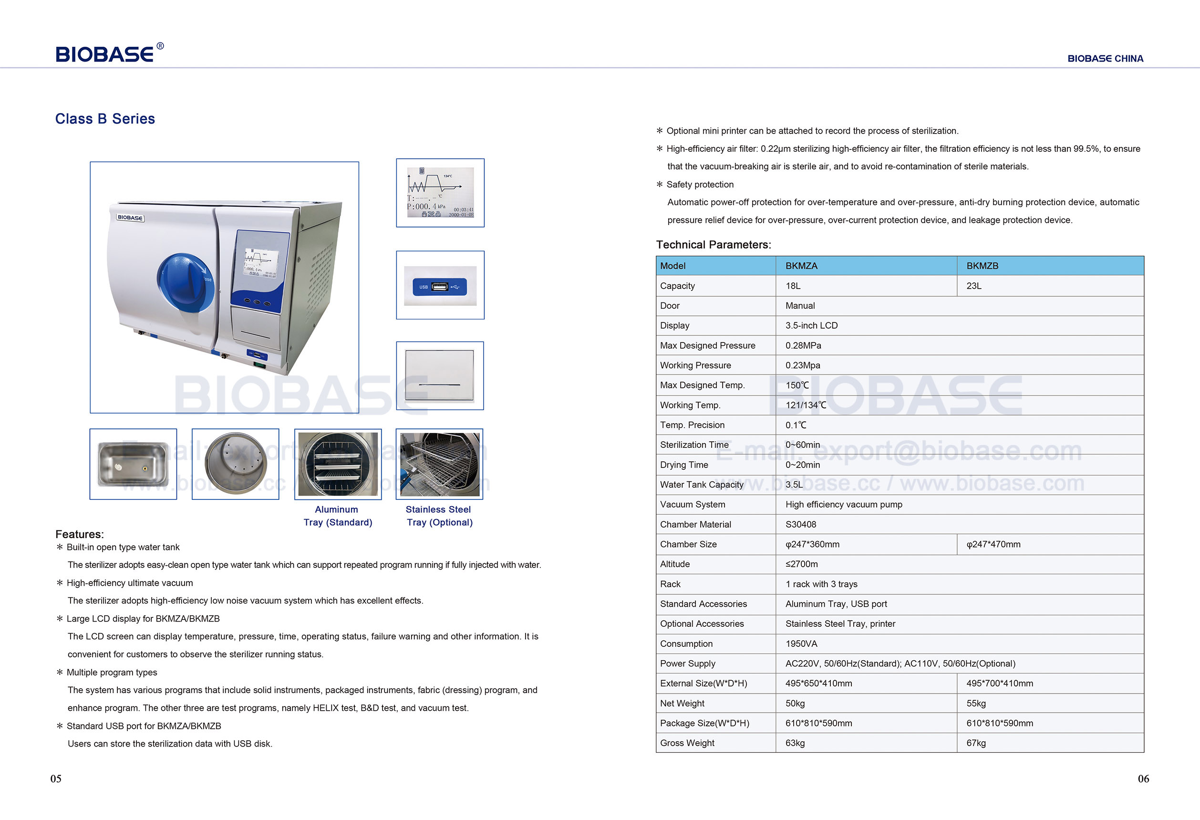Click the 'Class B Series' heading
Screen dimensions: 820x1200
[x=105, y=119]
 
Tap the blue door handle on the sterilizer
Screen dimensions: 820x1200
[x=185, y=282]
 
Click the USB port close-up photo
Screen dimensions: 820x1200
[x=440, y=286]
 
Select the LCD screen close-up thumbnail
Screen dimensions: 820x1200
[x=440, y=193]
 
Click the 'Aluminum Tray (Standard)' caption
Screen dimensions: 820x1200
[x=338, y=516]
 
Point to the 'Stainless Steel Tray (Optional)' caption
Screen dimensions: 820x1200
[x=439, y=516]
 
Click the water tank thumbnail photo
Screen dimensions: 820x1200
[x=133, y=464]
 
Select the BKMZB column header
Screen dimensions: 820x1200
[x=982, y=266]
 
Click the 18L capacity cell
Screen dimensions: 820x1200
[x=793, y=286]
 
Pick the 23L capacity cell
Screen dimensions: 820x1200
[x=974, y=286]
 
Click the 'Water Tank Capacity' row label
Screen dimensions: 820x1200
[x=701, y=484]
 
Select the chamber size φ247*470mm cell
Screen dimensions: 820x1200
[x=993, y=544]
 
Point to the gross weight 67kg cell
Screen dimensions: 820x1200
[x=976, y=743]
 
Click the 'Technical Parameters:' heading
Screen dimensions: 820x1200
[x=714, y=245]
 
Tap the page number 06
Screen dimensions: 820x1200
[x=1143, y=778]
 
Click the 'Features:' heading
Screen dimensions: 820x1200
[x=80, y=534]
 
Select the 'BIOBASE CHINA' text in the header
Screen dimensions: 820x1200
[x=1105, y=59]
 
